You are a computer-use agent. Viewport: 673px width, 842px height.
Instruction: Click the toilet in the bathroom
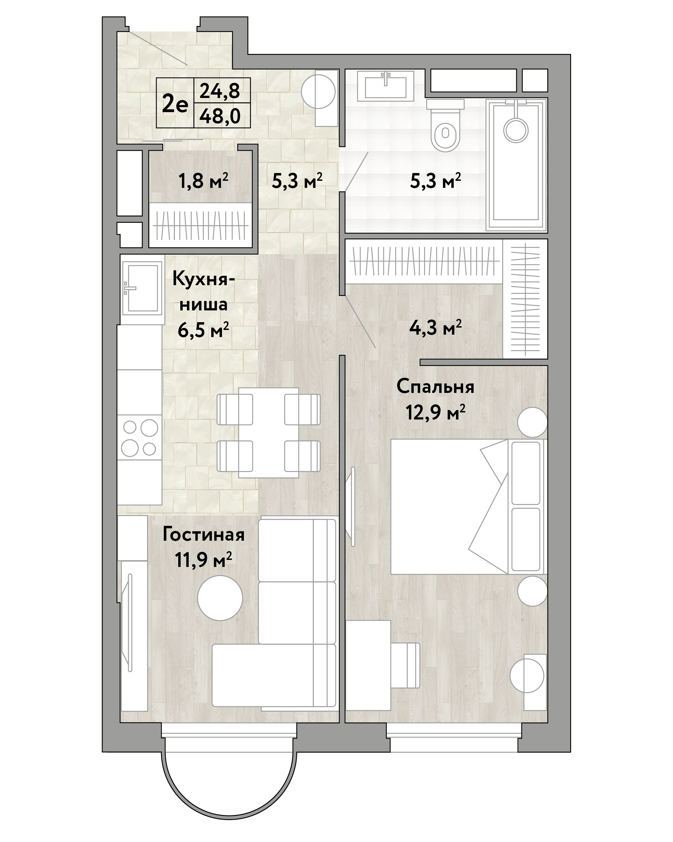(445, 125)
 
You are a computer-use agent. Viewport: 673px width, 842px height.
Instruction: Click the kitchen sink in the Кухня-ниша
(142, 288)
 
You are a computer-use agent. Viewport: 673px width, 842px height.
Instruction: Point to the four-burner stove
(140, 437)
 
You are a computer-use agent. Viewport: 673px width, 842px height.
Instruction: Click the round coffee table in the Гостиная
(220, 598)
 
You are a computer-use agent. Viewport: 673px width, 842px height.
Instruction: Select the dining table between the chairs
(268, 432)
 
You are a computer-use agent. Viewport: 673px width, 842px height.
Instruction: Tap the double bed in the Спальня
(469, 507)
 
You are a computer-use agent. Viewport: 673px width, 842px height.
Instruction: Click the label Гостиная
(203, 535)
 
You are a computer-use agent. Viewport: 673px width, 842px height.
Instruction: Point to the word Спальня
(436, 387)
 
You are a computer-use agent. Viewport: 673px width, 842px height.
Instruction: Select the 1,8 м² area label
(203, 181)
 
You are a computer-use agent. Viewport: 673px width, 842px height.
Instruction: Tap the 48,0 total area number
(220, 116)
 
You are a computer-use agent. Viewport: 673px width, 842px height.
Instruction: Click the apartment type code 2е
(175, 104)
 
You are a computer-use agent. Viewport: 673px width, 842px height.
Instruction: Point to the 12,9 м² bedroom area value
(436, 412)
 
